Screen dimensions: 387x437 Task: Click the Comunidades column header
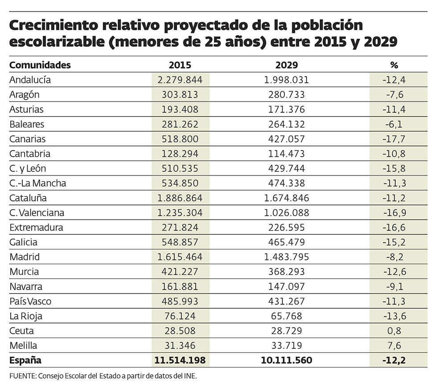point(40,65)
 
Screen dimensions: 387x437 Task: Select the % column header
point(394,65)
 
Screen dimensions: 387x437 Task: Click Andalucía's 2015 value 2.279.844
point(180,80)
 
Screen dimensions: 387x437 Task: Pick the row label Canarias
point(28,139)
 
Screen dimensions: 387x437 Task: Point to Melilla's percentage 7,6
point(394,345)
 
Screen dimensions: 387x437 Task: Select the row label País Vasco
point(30,301)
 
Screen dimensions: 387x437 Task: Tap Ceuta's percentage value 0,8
point(394,330)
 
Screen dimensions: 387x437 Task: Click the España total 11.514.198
point(180,360)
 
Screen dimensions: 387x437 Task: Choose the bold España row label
point(25,360)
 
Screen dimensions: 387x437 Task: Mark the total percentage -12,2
point(394,360)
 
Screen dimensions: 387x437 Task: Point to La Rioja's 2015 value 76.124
point(180,316)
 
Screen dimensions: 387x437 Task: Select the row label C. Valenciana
point(37,212)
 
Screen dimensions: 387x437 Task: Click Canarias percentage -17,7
point(394,139)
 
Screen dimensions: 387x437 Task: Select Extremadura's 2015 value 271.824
point(180,228)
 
